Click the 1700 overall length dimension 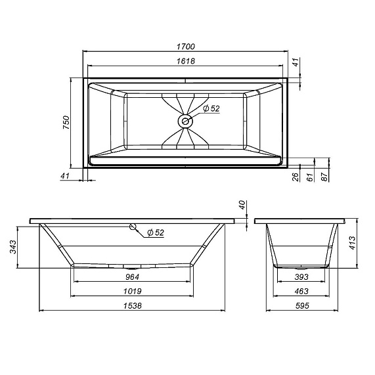coord(187,47)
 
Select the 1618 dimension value coord(187,60)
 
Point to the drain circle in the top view coord(185,121)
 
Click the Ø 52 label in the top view coord(210,109)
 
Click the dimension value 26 coord(296,177)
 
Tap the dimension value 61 coord(311,177)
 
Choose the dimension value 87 coord(325,177)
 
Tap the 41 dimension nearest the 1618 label coord(296,63)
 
